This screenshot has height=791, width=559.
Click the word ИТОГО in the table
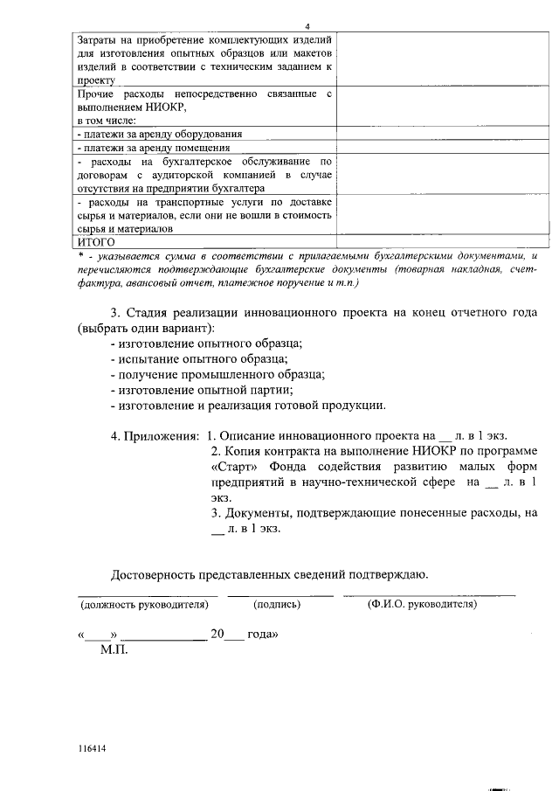click(97, 241)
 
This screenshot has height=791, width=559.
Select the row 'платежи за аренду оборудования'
click(160, 134)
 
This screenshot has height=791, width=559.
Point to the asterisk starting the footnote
click(80, 255)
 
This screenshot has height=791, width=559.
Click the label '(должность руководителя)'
click(144, 604)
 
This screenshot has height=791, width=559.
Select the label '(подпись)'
click(277, 604)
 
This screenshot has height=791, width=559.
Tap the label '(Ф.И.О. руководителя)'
click(422, 604)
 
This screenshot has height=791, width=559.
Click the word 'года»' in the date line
click(263, 635)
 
